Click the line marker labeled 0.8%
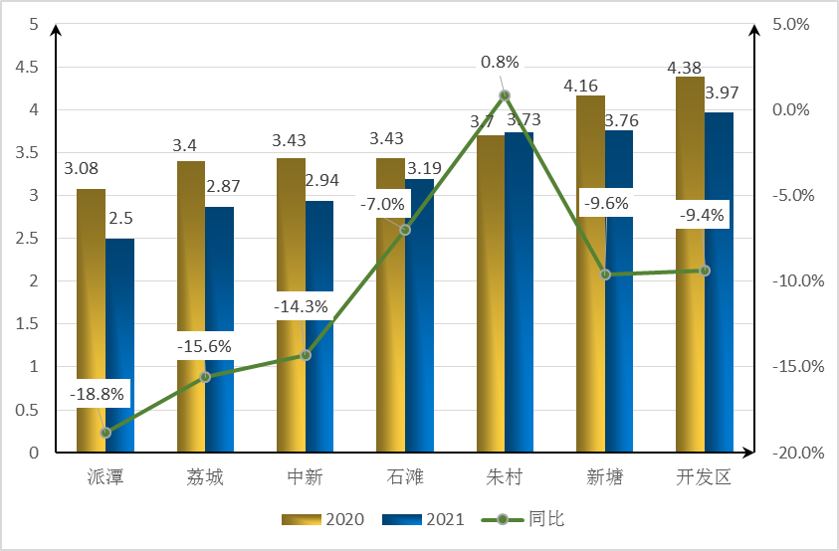tap(505, 95)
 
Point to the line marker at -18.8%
tap(105, 433)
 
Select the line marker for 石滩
tap(405, 230)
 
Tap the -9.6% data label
tap(605, 203)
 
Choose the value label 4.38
tap(686, 68)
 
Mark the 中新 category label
tap(304, 477)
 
